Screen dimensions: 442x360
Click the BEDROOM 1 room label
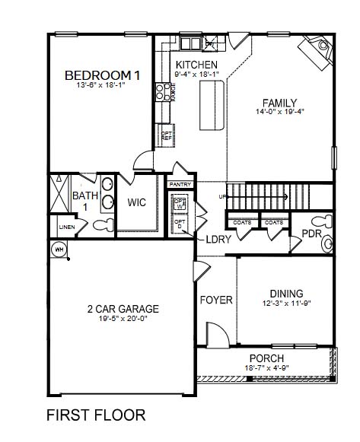point(102,75)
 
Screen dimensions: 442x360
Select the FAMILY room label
point(279,103)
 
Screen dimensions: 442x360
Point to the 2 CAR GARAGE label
point(123,309)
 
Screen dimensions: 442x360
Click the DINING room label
point(286,294)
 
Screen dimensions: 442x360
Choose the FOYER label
point(216,300)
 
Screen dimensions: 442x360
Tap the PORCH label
point(266,358)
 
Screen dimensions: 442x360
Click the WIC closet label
point(137,203)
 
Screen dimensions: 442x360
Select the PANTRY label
point(180,184)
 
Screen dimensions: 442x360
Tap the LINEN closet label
point(66,226)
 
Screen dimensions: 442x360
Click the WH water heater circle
point(58,250)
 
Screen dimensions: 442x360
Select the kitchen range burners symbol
point(162,93)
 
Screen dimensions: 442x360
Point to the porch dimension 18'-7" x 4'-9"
point(266,368)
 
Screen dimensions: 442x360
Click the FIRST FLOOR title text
point(96,415)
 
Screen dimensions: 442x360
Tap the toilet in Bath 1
point(103,224)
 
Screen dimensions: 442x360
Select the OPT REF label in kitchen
point(166,136)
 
